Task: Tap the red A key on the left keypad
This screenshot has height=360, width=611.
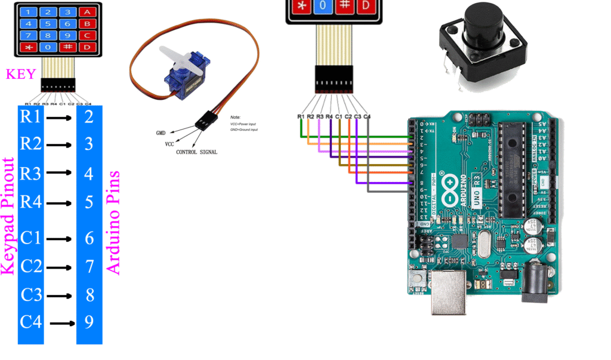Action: (x=88, y=12)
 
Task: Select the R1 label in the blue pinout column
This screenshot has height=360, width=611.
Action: (x=30, y=116)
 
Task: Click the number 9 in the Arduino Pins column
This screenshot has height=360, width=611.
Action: (x=89, y=322)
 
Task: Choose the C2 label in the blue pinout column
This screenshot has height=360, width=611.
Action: (x=30, y=266)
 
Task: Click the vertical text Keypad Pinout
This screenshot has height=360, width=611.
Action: (x=8, y=217)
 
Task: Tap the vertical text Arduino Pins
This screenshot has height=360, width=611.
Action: (x=113, y=223)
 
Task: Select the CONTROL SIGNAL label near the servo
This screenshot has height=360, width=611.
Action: (x=196, y=152)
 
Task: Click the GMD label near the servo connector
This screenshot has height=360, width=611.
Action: (x=161, y=132)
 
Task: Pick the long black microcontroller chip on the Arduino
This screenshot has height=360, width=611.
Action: (x=511, y=170)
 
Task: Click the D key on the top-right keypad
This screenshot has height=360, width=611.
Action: (x=365, y=5)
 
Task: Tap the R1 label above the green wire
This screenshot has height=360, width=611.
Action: (x=301, y=116)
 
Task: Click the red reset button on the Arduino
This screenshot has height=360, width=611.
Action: (x=416, y=276)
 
